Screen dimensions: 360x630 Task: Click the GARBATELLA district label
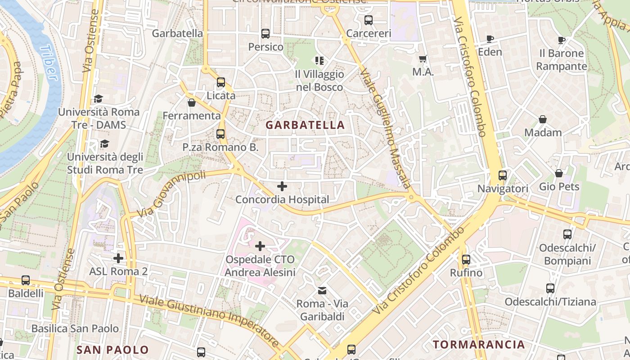[x=305, y=125]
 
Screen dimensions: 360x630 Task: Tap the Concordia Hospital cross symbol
[x=282, y=186]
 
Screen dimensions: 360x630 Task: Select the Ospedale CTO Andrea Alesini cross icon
[x=260, y=246]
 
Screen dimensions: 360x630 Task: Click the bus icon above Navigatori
[x=503, y=175]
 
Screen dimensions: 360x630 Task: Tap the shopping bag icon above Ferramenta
[x=192, y=103]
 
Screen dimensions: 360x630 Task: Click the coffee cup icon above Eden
[x=490, y=39]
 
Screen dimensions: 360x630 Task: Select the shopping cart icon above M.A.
[x=423, y=59]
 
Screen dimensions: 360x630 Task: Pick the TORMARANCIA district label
[x=479, y=345]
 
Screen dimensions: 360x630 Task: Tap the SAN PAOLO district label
[x=112, y=350]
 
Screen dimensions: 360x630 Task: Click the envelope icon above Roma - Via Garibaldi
[x=322, y=291]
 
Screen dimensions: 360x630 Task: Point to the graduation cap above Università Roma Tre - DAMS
[x=98, y=99]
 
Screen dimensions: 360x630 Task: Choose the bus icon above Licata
[x=220, y=82]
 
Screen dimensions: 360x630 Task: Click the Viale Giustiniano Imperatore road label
[x=209, y=320]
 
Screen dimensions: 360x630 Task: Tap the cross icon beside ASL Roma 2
[x=118, y=258]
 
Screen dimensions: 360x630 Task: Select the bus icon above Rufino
[x=466, y=260]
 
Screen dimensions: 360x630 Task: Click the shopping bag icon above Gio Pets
[x=559, y=173]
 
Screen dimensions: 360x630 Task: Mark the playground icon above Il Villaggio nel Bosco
[x=319, y=60]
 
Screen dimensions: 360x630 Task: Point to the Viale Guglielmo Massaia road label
[x=386, y=128]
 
